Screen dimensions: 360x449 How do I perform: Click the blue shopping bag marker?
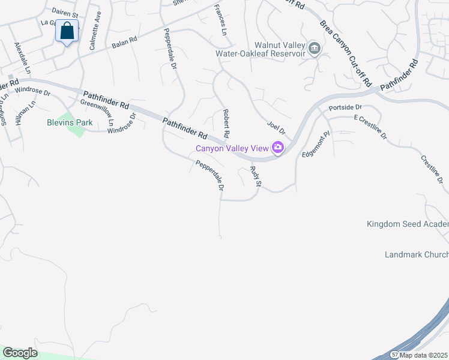pos(67,30)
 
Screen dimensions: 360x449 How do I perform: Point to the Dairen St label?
pos(65,13)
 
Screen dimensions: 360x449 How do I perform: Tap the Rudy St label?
pos(255,176)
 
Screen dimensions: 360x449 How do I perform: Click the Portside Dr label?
pos(345,107)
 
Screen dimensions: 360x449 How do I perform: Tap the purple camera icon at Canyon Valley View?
pos(277,147)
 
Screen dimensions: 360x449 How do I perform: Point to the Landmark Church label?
pos(417,254)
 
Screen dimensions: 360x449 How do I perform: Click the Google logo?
pos(20,353)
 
